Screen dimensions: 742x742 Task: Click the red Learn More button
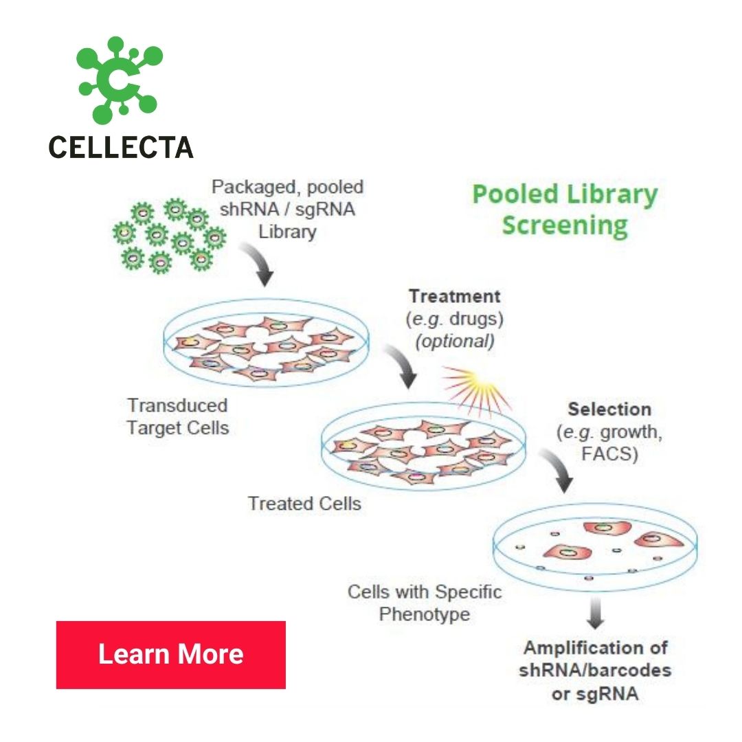point(170,654)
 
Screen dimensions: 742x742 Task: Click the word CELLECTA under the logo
point(121,146)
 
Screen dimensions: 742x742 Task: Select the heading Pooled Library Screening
point(564,209)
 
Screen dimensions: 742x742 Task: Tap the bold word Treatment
point(455,297)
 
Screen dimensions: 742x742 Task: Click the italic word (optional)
point(455,341)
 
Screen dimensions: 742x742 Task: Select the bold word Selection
point(609,409)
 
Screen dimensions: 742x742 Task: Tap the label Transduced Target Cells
point(177,416)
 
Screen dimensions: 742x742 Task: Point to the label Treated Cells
point(304,504)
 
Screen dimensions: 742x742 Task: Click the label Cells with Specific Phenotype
point(424,603)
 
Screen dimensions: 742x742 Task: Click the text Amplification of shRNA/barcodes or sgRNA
point(595,671)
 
